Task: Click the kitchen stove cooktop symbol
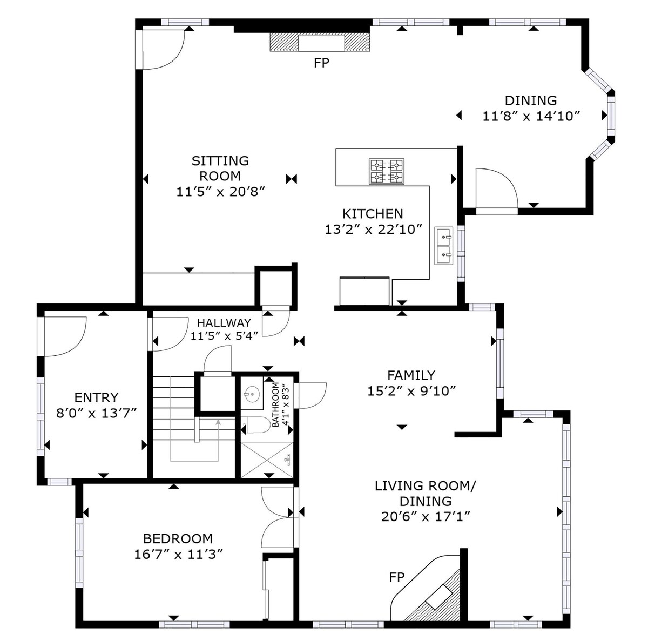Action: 387,172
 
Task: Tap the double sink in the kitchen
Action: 444,246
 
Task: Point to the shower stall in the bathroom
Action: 267,460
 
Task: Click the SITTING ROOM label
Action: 220,168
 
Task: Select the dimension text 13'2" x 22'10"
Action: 373,230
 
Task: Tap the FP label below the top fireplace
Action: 321,63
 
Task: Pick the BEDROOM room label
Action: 178,538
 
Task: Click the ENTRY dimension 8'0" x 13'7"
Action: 97,413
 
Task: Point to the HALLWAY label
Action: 224,322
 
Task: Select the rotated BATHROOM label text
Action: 275,404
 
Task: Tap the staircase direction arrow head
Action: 218,422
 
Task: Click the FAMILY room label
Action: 411,375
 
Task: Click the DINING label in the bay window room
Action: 531,100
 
